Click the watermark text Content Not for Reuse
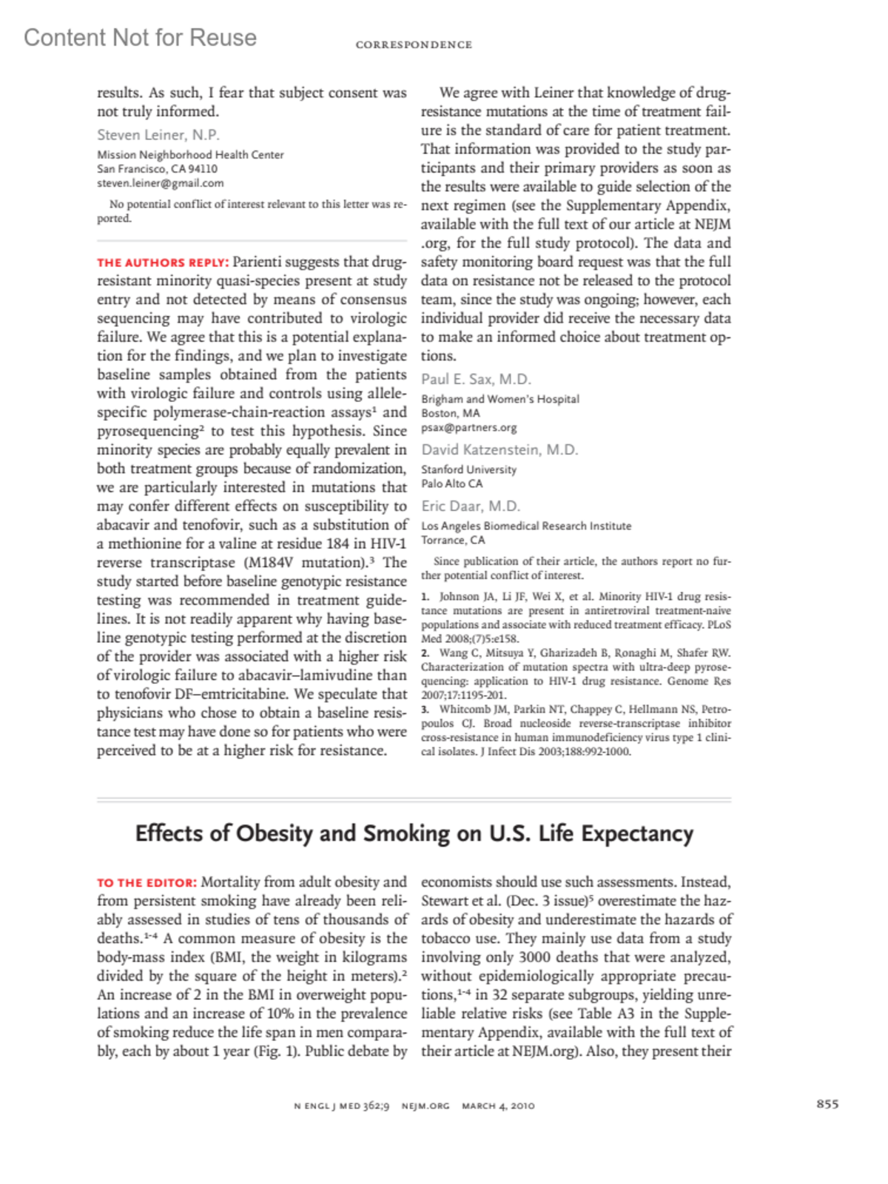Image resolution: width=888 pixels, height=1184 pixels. tap(140, 38)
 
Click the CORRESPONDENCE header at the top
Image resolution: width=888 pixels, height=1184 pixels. tap(414, 45)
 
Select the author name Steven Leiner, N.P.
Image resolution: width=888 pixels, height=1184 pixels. tap(158, 135)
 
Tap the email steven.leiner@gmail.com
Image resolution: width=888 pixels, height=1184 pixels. tap(160, 183)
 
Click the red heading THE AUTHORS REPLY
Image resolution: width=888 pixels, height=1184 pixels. tap(163, 263)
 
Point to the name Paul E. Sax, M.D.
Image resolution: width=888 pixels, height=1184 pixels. tap(477, 380)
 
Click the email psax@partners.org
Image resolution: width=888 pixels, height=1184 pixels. tap(469, 428)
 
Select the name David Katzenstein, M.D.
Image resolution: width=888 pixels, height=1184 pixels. tap(499, 450)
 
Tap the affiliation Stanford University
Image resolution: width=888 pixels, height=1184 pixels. tap(469, 469)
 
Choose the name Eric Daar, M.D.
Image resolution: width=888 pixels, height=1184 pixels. tap(471, 506)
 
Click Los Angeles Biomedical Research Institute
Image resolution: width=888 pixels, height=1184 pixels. tap(526, 526)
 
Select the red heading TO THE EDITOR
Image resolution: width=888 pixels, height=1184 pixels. tap(147, 883)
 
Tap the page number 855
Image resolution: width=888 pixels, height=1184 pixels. tap(827, 1104)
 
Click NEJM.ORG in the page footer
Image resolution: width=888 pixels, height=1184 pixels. tap(425, 1106)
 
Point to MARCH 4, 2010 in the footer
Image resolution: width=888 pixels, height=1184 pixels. tap(498, 1106)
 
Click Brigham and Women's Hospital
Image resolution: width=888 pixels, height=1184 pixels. tap(500, 400)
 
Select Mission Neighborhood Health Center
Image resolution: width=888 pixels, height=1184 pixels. tap(190, 155)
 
